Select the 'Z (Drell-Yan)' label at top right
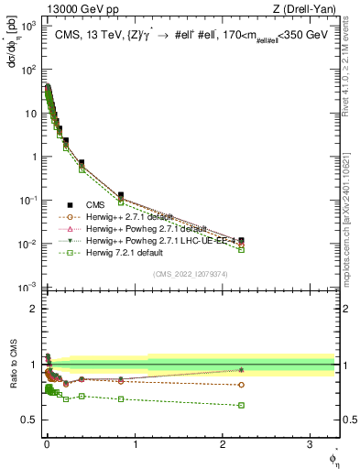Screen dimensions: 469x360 (x=307, y=9)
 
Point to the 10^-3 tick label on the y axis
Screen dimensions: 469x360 (x=27, y=288)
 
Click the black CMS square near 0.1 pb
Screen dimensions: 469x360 (x=121, y=195)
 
